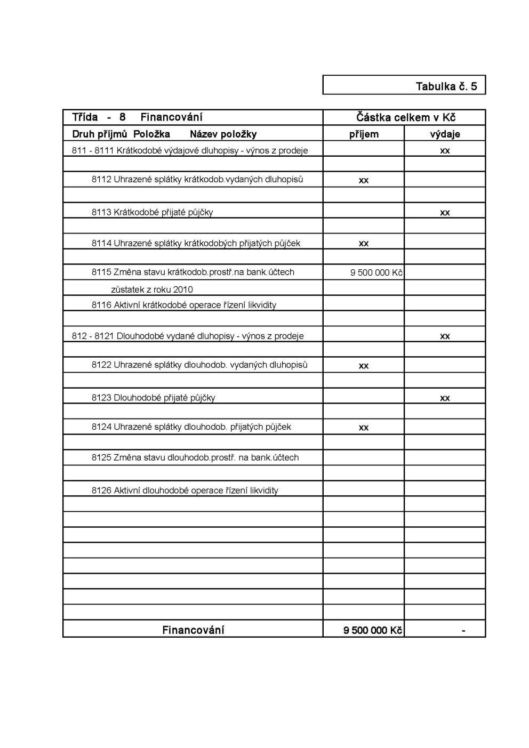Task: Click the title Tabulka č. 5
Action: [x=446, y=86]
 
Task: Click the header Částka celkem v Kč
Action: [x=405, y=118]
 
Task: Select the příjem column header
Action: [x=364, y=134]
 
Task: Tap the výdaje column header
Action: [x=445, y=134]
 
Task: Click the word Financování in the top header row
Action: [x=171, y=117]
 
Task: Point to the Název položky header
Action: [x=223, y=134]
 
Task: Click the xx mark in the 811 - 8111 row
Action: [x=445, y=151]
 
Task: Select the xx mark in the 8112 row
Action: [x=364, y=181]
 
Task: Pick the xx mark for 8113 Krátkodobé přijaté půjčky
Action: [x=445, y=213]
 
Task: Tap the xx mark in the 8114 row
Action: [x=364, y=244]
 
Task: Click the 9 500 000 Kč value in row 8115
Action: [x=376, y=273]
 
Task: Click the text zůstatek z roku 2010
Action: [x=152, y=289]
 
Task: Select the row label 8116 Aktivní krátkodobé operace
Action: [x=184, y=305]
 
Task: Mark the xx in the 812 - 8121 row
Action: [x=445, y=336]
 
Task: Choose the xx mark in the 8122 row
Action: [x=364, y=366]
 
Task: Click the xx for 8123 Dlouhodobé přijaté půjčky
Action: [x=445, y=398]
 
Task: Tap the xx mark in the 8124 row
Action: [x=364, y=428]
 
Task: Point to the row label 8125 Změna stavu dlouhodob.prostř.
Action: [x=195, y=457]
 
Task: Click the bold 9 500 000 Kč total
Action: [x=373, y=630]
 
